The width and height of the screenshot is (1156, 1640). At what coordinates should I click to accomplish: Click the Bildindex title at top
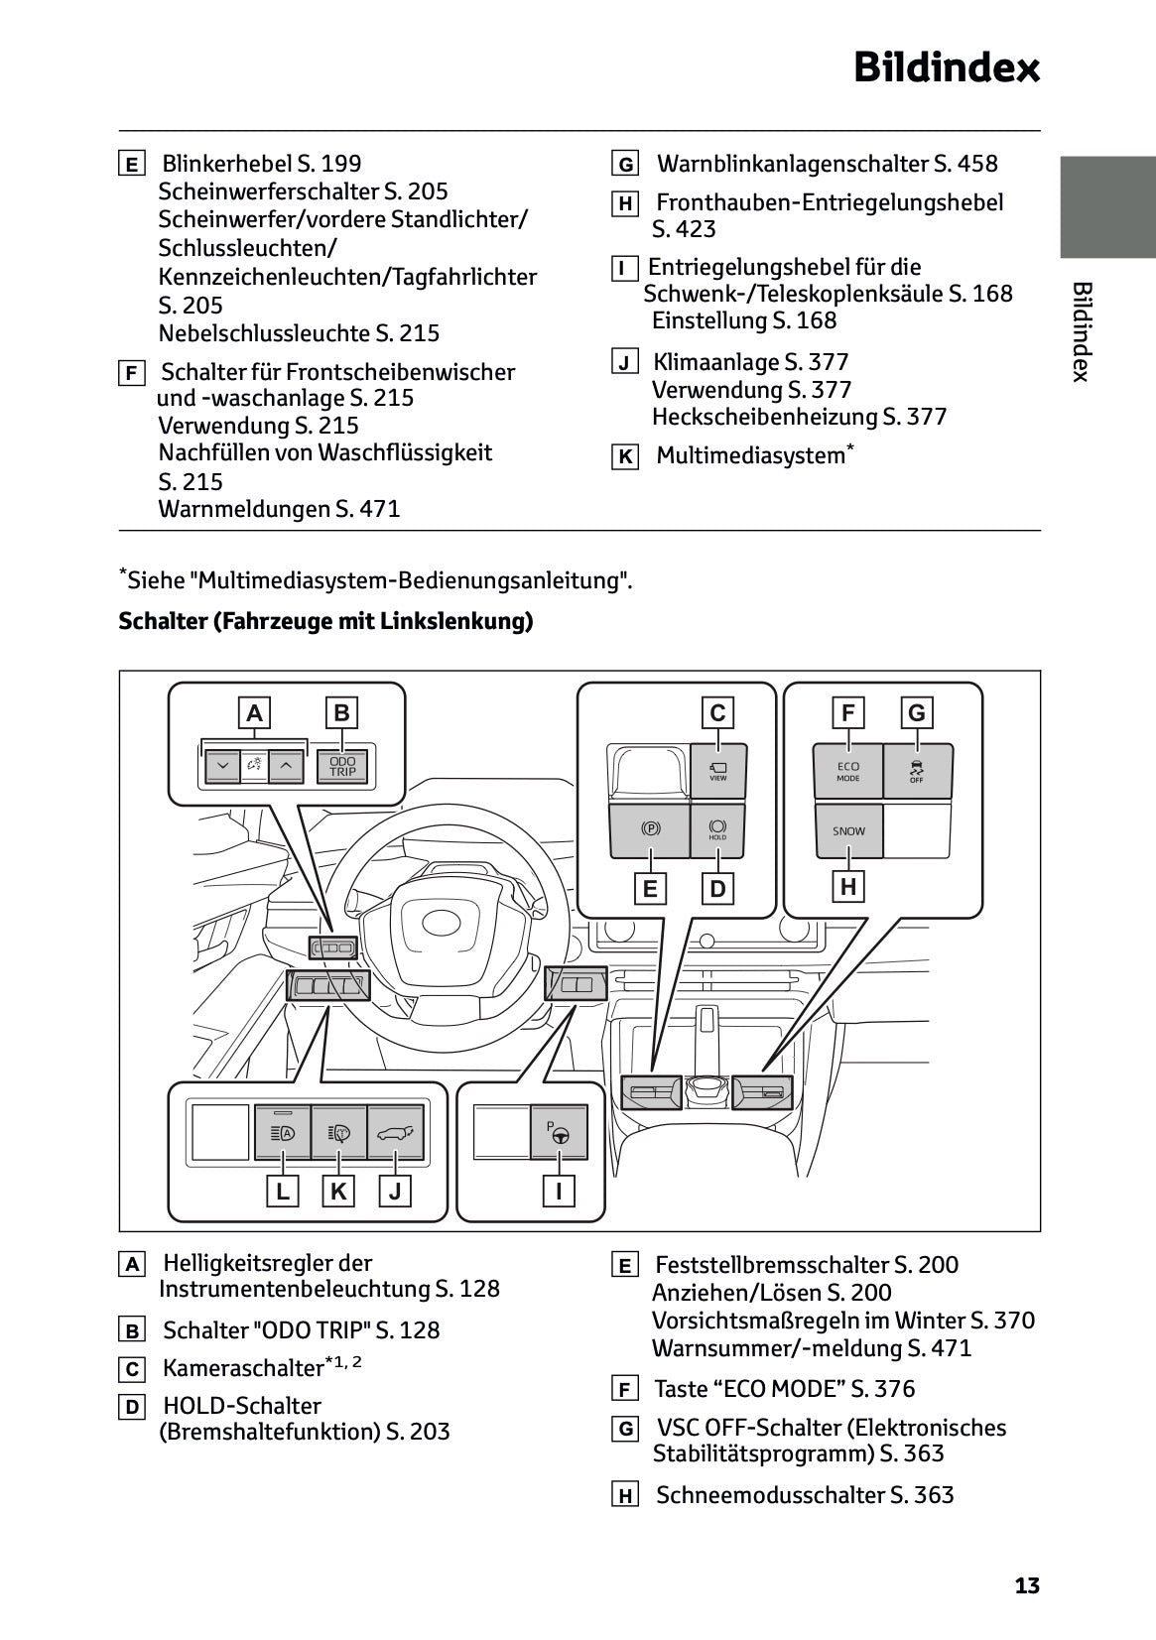coord(946,68)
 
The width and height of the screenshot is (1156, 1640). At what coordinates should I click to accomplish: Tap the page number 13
coord(1027,1585)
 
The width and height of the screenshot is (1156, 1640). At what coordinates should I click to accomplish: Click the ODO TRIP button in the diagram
coord(342,767)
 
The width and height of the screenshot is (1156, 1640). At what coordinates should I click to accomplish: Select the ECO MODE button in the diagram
coord(847,771)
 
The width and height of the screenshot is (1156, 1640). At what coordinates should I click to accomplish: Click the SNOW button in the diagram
coord(847,831)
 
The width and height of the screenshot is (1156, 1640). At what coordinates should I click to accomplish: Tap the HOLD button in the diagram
coord(717,830)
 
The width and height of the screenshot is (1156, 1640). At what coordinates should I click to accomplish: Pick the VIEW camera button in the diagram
coord(717,770)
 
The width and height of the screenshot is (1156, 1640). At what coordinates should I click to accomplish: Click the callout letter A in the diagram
coord(255,712)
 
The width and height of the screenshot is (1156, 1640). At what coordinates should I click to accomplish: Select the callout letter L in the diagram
coord(283,1191)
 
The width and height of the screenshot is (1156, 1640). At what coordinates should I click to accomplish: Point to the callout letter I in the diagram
coord(559,1191)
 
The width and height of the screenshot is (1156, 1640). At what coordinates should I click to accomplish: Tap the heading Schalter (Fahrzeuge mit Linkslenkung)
coord(325,622)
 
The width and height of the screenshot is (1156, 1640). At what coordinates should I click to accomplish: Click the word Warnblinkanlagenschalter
coord(793,164)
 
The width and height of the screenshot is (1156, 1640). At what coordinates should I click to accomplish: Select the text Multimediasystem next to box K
coord(750,456)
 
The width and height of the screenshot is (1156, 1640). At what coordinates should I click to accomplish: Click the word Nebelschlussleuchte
coord(264,333)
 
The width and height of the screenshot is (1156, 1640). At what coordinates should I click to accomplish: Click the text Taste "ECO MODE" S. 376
coord(784,1389)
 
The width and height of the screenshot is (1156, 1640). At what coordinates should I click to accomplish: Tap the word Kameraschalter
coord(243,1369)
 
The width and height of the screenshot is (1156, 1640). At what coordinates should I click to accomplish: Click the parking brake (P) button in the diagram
coord(650,830)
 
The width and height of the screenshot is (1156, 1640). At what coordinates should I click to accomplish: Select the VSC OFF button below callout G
coord(917,771)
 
